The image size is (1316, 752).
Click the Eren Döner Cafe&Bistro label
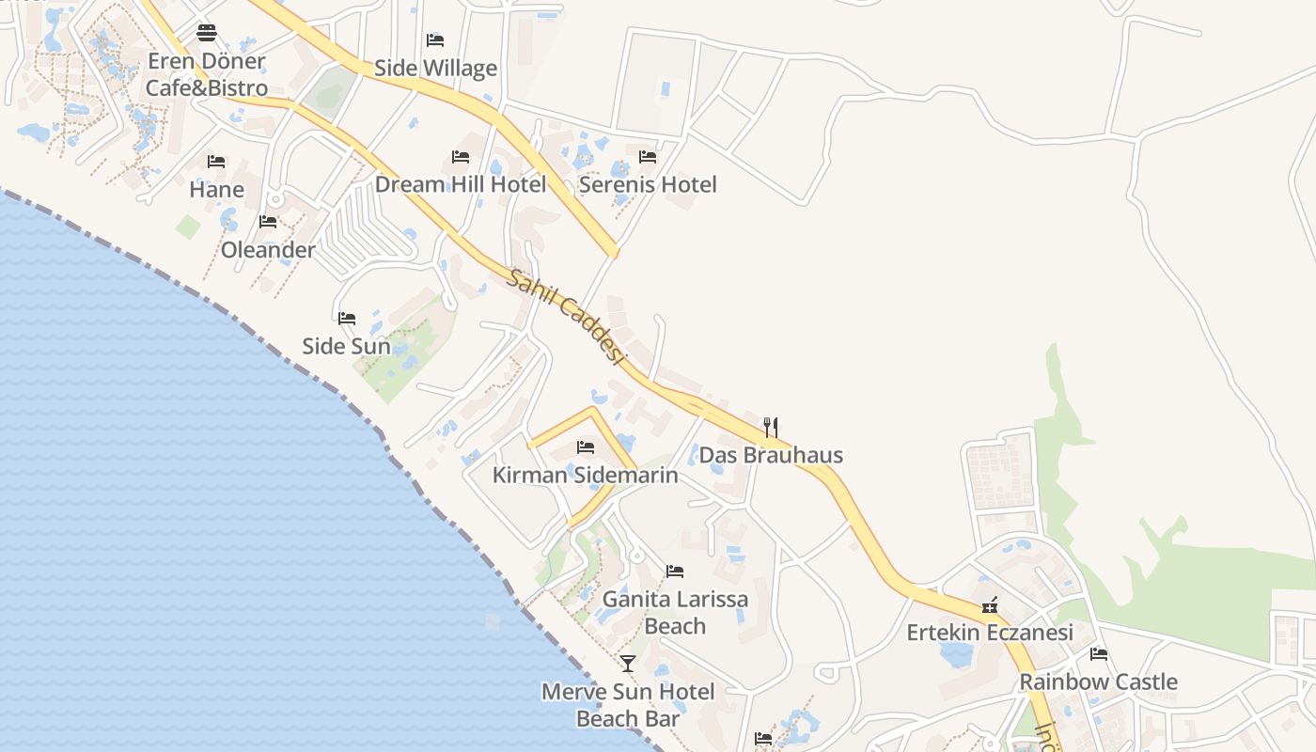point(207,75)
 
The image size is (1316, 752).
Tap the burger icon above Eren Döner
point(207,34)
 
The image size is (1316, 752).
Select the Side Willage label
point(435,68)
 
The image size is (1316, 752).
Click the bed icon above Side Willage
point(435,39)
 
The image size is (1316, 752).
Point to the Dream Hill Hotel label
point(461,184)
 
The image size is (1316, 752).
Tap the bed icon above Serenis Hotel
point(648,157)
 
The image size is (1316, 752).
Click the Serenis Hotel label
point(648,184)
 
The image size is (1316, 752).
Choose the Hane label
point(216,190)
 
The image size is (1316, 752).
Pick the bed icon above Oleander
point(268,222)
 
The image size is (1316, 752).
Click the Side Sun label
point(346,346)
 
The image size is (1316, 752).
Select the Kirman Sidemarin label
point(585,475)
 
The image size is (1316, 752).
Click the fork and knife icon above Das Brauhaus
point(771,428)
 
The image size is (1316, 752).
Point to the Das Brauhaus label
point(771,455)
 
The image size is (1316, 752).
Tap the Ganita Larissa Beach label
point(675,612)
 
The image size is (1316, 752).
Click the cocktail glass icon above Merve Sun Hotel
point(628,664)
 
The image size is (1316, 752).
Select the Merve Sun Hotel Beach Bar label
point(628,705)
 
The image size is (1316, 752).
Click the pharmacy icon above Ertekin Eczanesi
point(989,605)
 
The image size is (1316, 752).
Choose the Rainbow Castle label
point(1098,681)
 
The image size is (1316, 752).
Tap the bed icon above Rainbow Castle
point(1098,654)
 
